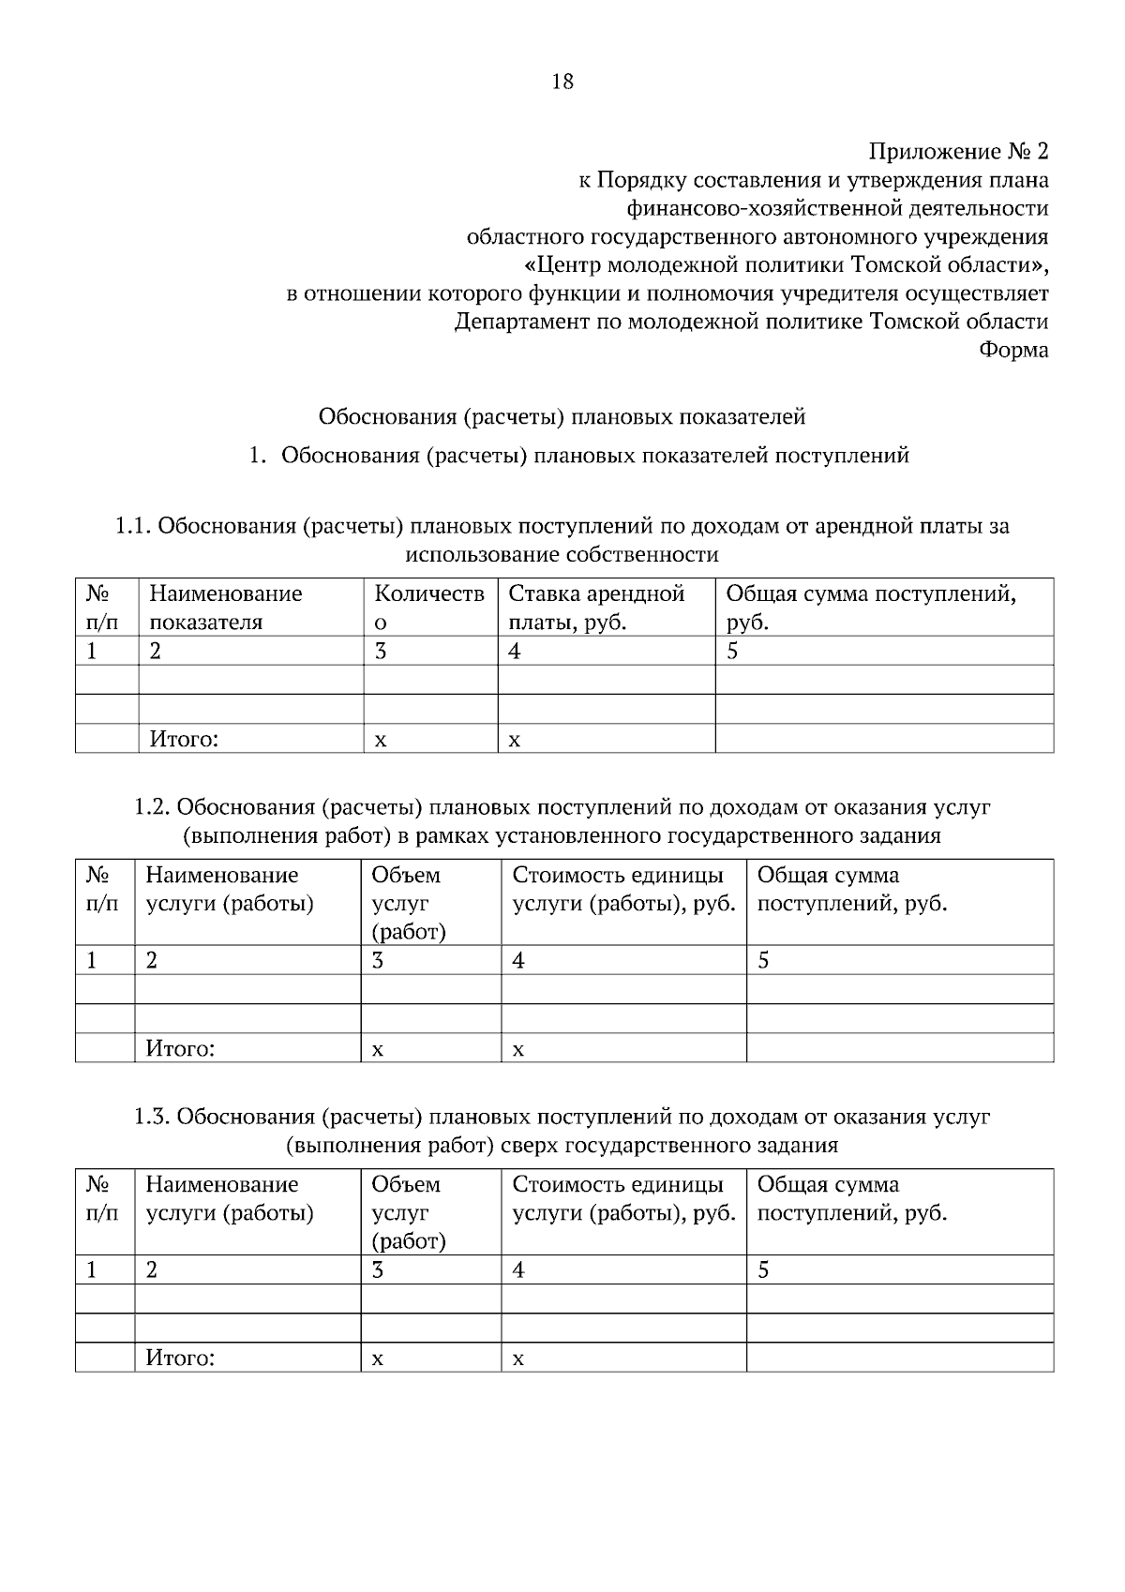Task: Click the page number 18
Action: coord(562,82)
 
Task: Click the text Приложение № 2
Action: coord(958,151)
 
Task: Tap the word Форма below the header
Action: coord(1014,351)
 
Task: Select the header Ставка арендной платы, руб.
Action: coord(596,607)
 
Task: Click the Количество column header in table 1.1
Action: coord(429,607)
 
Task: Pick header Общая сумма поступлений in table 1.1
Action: coord(872,607)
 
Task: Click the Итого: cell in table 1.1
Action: coord(184,739)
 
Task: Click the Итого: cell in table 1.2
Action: coord(180,1048)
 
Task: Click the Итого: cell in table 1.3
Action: coord(180,1358)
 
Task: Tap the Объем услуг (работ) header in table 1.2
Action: coord(408,903)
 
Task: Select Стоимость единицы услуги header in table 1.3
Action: coord(622,1198)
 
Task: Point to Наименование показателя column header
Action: coord(225,607)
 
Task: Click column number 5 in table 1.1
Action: coord(733,651)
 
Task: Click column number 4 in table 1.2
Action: coord(518,960)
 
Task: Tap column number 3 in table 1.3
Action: coord(378,1269)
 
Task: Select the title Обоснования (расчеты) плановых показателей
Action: coord(562,415)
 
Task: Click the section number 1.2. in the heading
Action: coord(152,806)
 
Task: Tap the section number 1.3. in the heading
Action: coord(152,1117)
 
